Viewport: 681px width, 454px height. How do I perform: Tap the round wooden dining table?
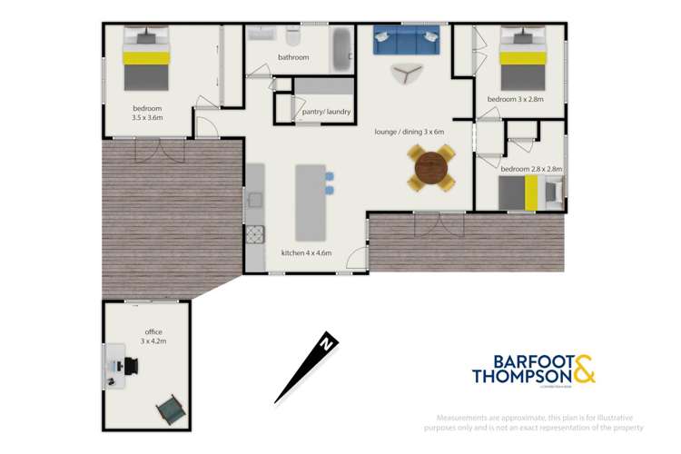click(431, 168)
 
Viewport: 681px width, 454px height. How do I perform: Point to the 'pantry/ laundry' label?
click(326, 113)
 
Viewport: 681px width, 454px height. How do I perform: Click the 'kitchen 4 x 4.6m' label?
click(306, 252)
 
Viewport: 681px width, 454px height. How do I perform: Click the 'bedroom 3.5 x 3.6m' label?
click(146, 112)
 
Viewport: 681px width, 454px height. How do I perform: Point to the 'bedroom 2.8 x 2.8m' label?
click(532, 169)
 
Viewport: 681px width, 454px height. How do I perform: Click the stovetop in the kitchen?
click(253, 235)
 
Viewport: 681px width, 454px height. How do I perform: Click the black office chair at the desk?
click(131, 365)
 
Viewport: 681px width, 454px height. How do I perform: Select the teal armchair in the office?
click(168, 410)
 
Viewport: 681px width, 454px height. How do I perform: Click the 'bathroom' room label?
click(293, 57)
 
